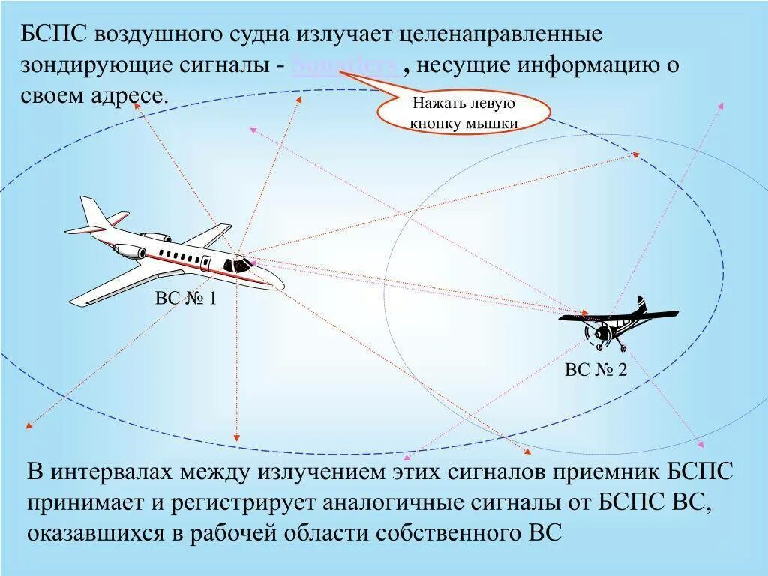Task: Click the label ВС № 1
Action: coord(185,298)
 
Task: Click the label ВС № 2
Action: coord(595,370)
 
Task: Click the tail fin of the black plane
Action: coord(642,304)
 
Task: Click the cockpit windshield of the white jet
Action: coord(241,264)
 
